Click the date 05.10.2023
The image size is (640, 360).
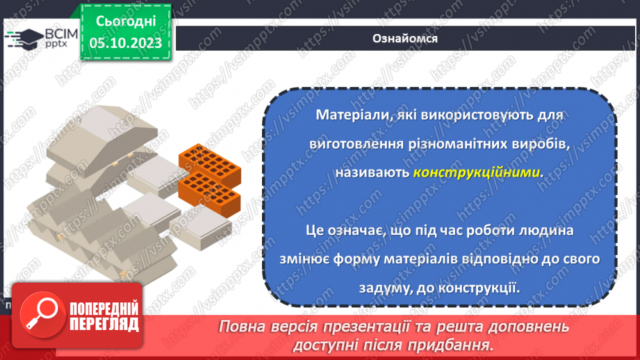click(125, 44)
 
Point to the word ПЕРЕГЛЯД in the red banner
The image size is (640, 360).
click(104, 325)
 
